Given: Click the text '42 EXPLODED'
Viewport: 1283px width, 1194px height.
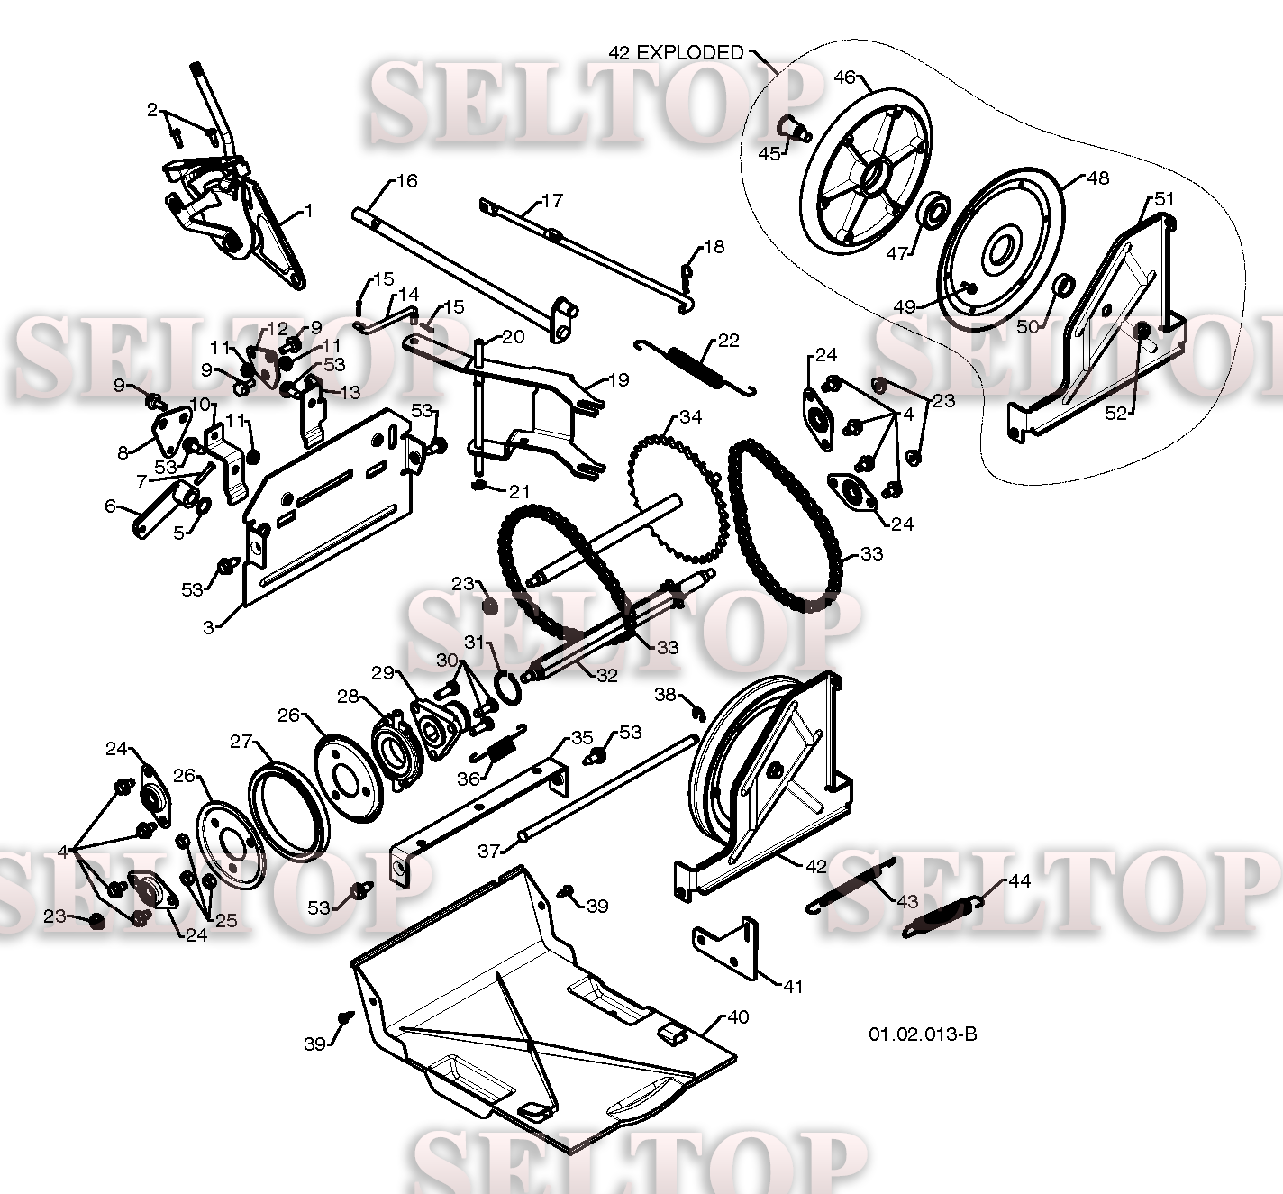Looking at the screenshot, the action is point(676,53).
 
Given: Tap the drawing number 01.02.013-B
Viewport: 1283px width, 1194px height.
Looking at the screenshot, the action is point(922,1034).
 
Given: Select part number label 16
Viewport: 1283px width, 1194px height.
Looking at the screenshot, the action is point(406,181).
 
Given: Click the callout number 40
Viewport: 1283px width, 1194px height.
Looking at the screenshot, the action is point(737,1017).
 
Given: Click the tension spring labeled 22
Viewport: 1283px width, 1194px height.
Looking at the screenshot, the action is point(696,365).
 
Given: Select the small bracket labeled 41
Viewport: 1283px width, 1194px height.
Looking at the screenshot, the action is point(725,947).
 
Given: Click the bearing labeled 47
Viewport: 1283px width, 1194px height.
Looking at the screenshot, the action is point(933,213).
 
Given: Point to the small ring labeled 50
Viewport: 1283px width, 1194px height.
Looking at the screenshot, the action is point(1063,287).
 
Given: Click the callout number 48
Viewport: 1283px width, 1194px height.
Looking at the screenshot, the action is point(1097,178).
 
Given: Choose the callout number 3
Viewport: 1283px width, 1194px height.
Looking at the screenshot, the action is point(208,627).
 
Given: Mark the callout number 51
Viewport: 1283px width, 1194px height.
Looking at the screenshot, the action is point(1164,199).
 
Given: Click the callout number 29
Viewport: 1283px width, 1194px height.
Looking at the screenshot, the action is point(382,673).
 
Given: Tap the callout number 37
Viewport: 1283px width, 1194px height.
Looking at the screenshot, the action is point(487,851).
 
